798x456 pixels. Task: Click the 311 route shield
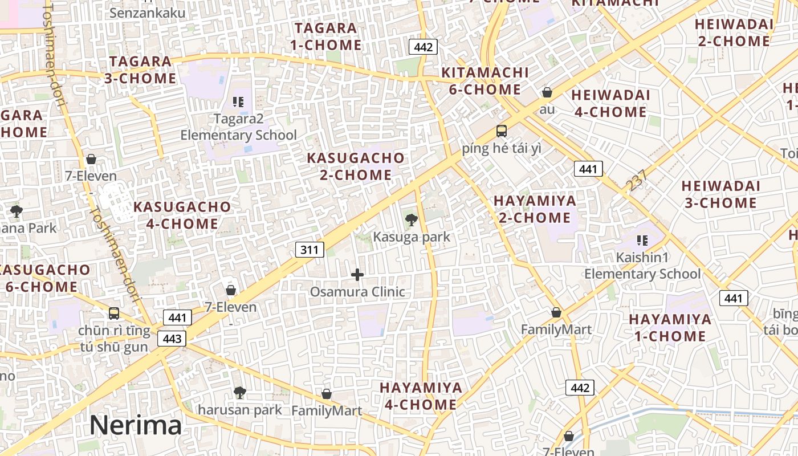click(310, 249)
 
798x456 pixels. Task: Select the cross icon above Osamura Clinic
click(357, 275)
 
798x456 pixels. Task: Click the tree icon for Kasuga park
click(411, 220)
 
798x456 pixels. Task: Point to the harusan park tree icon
click(240, 393)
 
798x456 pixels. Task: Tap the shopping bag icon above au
click(547, 92)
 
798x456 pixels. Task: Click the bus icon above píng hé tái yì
click(502, 131)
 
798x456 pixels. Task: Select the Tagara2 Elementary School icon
click(238, 102)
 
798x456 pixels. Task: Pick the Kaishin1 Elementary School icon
click(642, 241)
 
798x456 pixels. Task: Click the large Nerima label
click(135, 425)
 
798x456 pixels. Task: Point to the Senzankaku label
click(147, 13)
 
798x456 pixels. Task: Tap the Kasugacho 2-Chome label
click(356, 166)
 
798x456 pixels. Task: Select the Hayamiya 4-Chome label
click(421, 396)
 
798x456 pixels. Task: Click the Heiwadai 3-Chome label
click(720, 194)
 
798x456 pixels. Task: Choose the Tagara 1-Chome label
click(325, 36)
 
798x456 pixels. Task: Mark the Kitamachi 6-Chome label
click(485, 81)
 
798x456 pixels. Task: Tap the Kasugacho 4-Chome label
click(182, 215)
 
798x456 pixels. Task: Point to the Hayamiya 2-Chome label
click(535, 209)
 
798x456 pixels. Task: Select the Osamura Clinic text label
click(357, 292)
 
